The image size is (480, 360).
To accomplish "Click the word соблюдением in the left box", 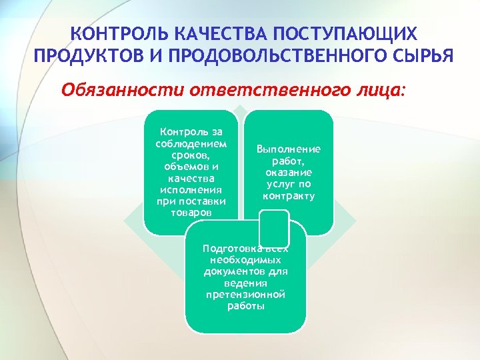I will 190,145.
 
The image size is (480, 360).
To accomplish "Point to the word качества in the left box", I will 190,177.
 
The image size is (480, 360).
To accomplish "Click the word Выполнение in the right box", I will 288,149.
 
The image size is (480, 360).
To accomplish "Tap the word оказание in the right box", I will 288,172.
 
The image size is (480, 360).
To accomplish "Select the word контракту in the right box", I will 288,196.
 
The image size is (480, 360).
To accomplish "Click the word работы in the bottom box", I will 245,307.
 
